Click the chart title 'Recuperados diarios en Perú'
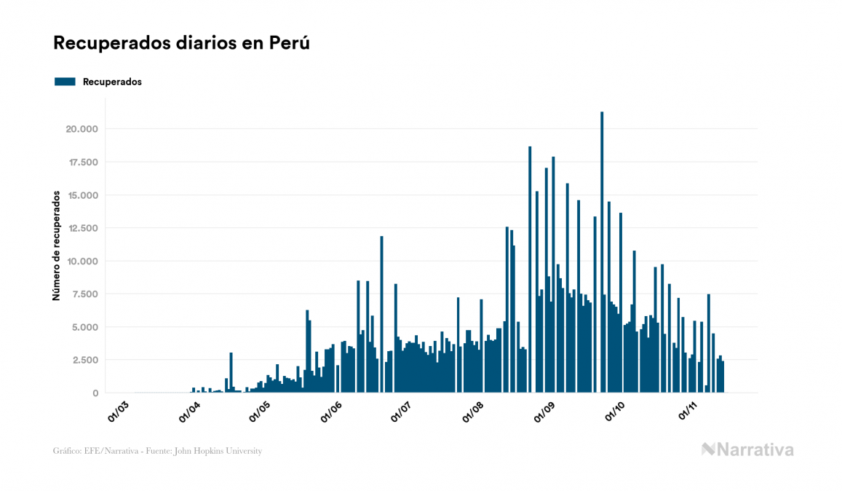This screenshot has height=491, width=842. click(181, 43)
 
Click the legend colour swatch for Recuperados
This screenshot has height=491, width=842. click(65, 82)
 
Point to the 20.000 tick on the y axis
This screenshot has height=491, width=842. click(82, 129)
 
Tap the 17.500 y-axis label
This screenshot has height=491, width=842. click(82, 162)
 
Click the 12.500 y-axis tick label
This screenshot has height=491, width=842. click(82, 228)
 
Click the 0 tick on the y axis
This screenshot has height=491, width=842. click(95, 393)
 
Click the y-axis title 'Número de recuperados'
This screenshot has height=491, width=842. click(55, 245)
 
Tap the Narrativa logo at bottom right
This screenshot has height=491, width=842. click(747, 449)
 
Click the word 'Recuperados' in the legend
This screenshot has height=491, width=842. click(112, 82)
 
